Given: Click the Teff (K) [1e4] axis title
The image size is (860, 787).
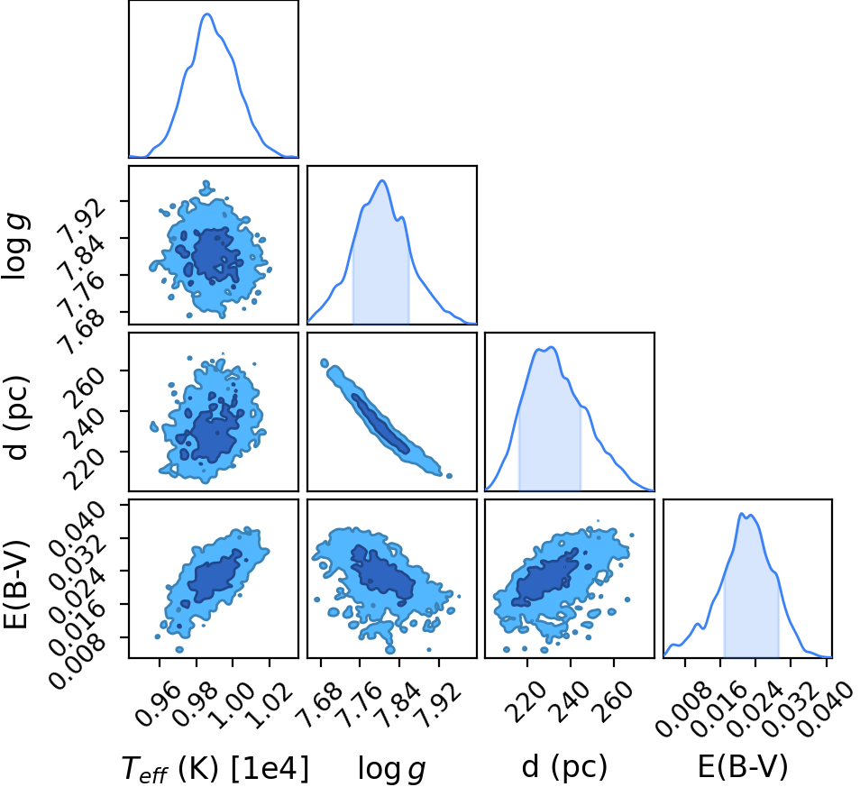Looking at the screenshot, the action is pos(215,767).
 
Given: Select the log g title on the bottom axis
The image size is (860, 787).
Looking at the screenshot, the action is pos(391,768).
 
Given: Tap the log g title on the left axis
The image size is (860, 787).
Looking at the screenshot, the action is pos(16,246).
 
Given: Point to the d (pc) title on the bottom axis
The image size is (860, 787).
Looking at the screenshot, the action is pos(564,766).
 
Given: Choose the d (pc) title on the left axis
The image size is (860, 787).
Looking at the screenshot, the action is pos(16,418).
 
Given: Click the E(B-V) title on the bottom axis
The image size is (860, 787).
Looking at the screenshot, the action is pos(743,766).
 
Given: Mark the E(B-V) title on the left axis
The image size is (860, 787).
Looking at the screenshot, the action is pos(16,585).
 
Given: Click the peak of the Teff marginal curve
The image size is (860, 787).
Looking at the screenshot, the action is pos(207,14).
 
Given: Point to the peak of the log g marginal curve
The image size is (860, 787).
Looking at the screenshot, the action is pos(382,180).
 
